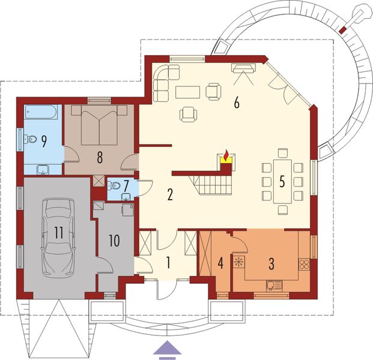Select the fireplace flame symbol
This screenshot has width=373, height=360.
click(x=226, y=157)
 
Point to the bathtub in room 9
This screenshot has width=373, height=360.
click(x=41, y=112)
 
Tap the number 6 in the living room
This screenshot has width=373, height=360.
click(x=237, y=103)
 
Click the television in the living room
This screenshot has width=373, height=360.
click(x=243, y=67)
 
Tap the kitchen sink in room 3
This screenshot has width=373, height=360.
click(x=274, y=285)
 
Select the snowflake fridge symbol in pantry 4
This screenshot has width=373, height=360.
click(x=239, y=262)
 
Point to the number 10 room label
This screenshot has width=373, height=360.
click(x=115, y=241)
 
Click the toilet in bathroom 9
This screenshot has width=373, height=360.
click(x=29, y=140)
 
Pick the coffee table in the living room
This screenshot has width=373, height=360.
click(x=188, y=92)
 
